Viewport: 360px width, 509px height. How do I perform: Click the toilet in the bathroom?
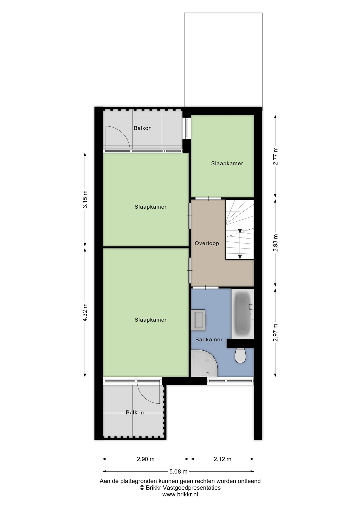click(240, 355)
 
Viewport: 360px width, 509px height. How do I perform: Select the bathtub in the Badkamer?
click(243, 314)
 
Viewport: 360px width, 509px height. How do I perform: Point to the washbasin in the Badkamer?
click(198, 320)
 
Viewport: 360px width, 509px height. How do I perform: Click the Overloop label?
click(207, 243)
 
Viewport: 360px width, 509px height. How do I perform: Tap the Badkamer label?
click(209, 340)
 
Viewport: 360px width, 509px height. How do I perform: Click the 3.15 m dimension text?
click(85, 199)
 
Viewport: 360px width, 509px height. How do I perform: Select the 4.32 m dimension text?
click(85, 313)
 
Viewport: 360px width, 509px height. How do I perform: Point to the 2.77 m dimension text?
click(275, 156)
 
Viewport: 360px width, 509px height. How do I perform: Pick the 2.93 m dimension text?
click(275, 243)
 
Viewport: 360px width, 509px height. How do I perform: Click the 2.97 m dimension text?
click(275, 332)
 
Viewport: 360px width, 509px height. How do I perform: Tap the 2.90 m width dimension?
click(146, 459)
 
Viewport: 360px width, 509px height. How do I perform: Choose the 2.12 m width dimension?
click(222, 459)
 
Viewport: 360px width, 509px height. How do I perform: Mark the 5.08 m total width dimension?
click(178, 472)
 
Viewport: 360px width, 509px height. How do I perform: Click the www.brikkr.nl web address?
click(180, 494)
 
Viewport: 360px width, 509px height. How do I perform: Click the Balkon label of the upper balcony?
click(143, 128)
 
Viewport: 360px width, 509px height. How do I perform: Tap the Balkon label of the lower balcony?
click(135, 413)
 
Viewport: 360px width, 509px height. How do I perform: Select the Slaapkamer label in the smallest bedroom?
click(227, 164)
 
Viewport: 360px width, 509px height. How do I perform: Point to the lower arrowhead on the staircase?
click(240, 257)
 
